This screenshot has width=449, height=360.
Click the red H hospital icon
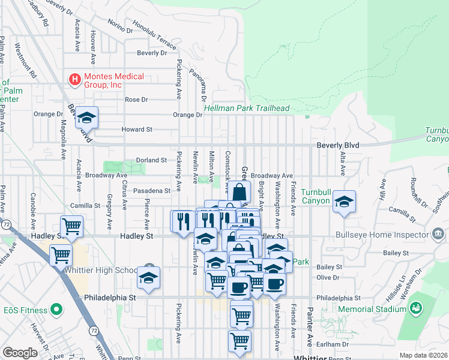(x=75, y=79)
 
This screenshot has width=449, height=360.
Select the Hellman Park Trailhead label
(x=247, y=109)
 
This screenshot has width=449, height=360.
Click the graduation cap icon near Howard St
(x=87, y=118)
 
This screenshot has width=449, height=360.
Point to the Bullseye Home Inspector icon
(x=438, y=233)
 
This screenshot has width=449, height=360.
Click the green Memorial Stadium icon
(x=415, y=308)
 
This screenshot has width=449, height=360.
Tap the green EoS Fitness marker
(x=57, y=310)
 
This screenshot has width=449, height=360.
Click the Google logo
(x=19, y=353)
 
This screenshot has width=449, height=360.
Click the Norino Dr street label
(x=120, y=26)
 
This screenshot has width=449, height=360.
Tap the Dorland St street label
(x=151, y=160)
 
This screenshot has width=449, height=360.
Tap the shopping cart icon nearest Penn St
(x=240, y=340)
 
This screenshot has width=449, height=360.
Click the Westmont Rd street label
(x=25, y=60)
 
